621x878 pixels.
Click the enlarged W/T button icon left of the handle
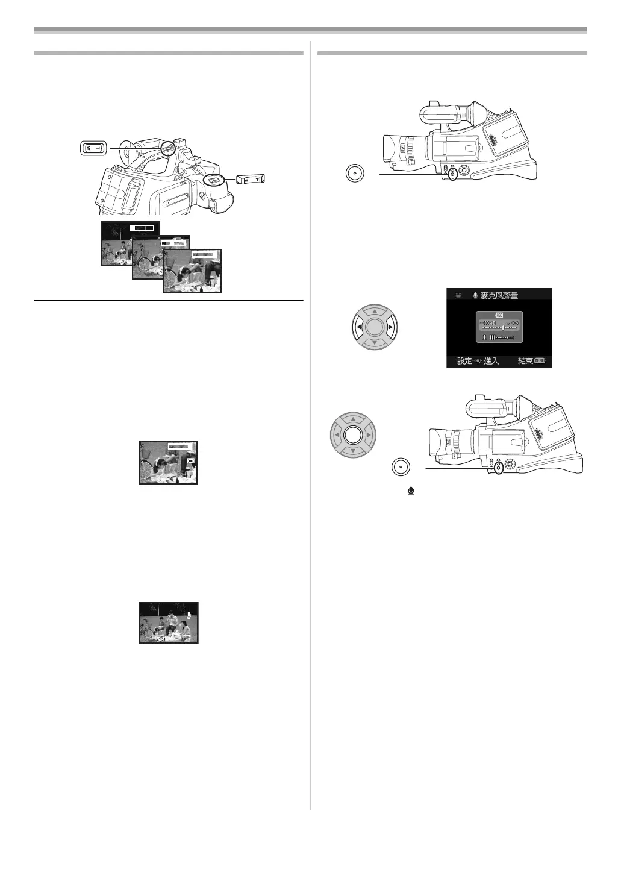click(93, 147)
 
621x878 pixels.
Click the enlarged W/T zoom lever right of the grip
click(250, 179)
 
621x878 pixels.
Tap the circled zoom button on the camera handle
click(169, 146)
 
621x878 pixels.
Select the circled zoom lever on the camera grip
click(213, 180)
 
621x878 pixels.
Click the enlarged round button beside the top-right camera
click(355, 172)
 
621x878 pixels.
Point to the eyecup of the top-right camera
click(475, 113)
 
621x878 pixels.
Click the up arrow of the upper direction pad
click(375, 312)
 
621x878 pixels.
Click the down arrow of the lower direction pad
click(354, 450)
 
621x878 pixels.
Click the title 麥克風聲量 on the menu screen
click(499, 296)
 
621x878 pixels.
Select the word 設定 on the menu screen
click(464, 361)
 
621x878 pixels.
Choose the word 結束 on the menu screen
click(525, 361)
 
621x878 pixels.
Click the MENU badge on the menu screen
click(539, 361)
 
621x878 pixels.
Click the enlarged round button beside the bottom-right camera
click(400, 467)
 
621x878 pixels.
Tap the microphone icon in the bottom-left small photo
click(190, 615)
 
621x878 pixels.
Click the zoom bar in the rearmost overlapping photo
click(143, 227)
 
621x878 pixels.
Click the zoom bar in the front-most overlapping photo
click(204, 255)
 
